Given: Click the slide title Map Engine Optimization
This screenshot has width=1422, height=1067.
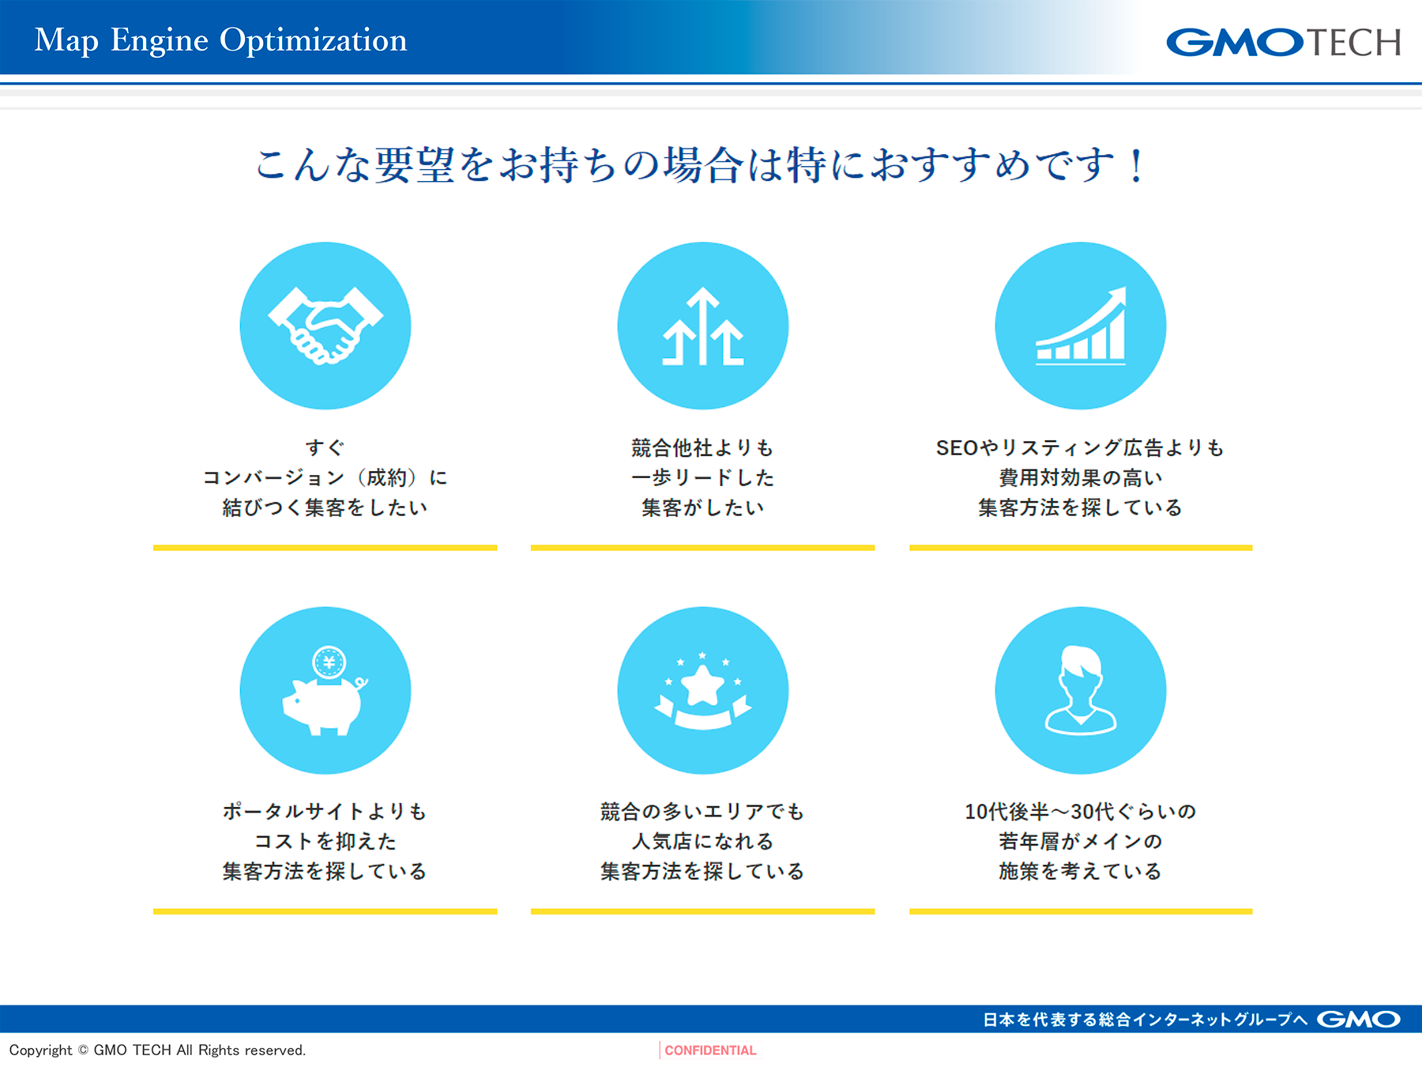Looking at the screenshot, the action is tap(221, 40).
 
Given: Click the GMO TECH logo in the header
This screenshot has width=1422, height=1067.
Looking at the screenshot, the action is tap(1284, 43).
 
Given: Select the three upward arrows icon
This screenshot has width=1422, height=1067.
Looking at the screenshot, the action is tap(703, 326).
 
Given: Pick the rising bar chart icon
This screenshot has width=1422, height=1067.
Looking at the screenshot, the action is tap(1081, 326).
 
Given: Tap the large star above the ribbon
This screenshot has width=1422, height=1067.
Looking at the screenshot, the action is tap(702, 684).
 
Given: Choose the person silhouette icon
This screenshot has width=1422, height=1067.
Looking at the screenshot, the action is tap(1081, 690).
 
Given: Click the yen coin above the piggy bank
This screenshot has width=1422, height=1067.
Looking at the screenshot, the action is tap(329, 662).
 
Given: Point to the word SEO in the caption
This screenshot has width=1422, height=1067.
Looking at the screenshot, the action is tap(957, 448).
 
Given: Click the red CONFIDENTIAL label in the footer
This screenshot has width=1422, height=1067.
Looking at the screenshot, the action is tap(710, 1050).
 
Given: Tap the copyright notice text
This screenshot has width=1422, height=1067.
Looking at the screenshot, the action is tap(157, 1050).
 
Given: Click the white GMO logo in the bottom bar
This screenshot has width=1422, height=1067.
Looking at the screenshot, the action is tap(1358, 1020).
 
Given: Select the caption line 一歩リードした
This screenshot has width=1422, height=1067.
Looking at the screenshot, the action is tap(703, 477).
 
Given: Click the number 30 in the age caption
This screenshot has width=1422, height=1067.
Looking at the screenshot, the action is tap(1082, 812).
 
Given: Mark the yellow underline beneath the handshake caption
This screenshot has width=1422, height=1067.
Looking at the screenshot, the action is tap(325, 547).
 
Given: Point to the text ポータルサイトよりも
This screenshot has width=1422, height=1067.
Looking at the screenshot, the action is tap(325, 812).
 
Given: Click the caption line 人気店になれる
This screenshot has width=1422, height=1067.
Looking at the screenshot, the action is tap(703, 842).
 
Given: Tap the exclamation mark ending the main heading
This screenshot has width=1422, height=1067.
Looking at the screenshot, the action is tap(1136, 166).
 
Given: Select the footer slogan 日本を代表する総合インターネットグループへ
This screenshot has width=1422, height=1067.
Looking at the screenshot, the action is tap(1145, 1020).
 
